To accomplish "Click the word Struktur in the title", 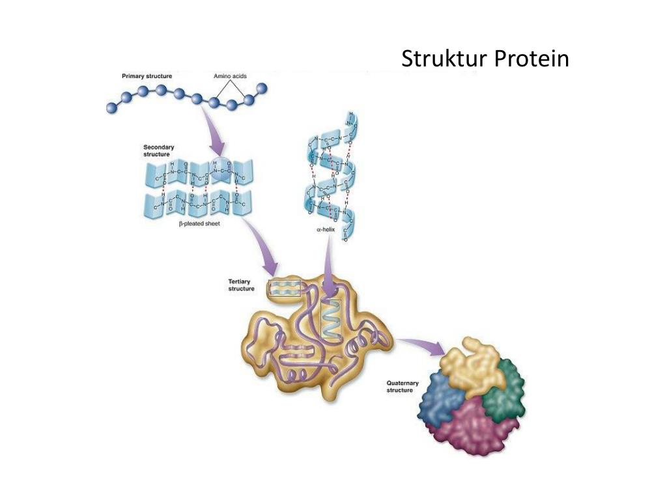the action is click(x=443, y=59).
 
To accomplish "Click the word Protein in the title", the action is click(x=531, y=59).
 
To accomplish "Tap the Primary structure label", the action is click(x=147, y=76).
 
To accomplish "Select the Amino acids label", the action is click(x=231, y=76).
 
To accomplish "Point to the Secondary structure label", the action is click(x=159, y=151).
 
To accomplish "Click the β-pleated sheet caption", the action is click(x=200, y=223).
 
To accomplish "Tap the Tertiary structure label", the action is click(x=242, y=285).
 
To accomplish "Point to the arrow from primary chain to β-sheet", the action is click(x=214, y=131).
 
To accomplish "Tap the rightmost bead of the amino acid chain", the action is click(x=262, y=88).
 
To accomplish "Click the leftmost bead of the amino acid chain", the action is click(x=111, y=108).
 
